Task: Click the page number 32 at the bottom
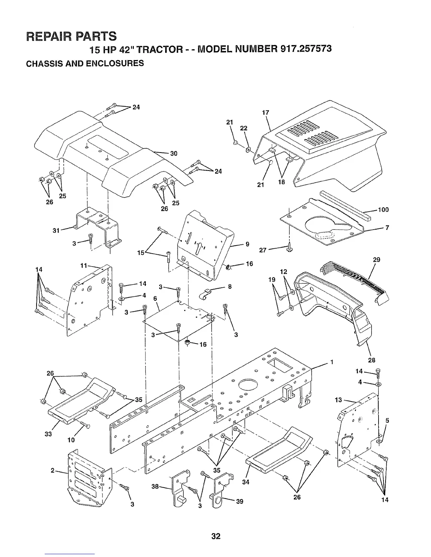[x=216, y=536]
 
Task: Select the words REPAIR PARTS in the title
[x=71, y=36]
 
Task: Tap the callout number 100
[x=383, y=210]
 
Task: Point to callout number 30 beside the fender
[x=174, y=153]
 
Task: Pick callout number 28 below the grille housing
[x=371, y=360]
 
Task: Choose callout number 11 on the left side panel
[x=84, y=265]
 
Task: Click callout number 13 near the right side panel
[x=338, y=399]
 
